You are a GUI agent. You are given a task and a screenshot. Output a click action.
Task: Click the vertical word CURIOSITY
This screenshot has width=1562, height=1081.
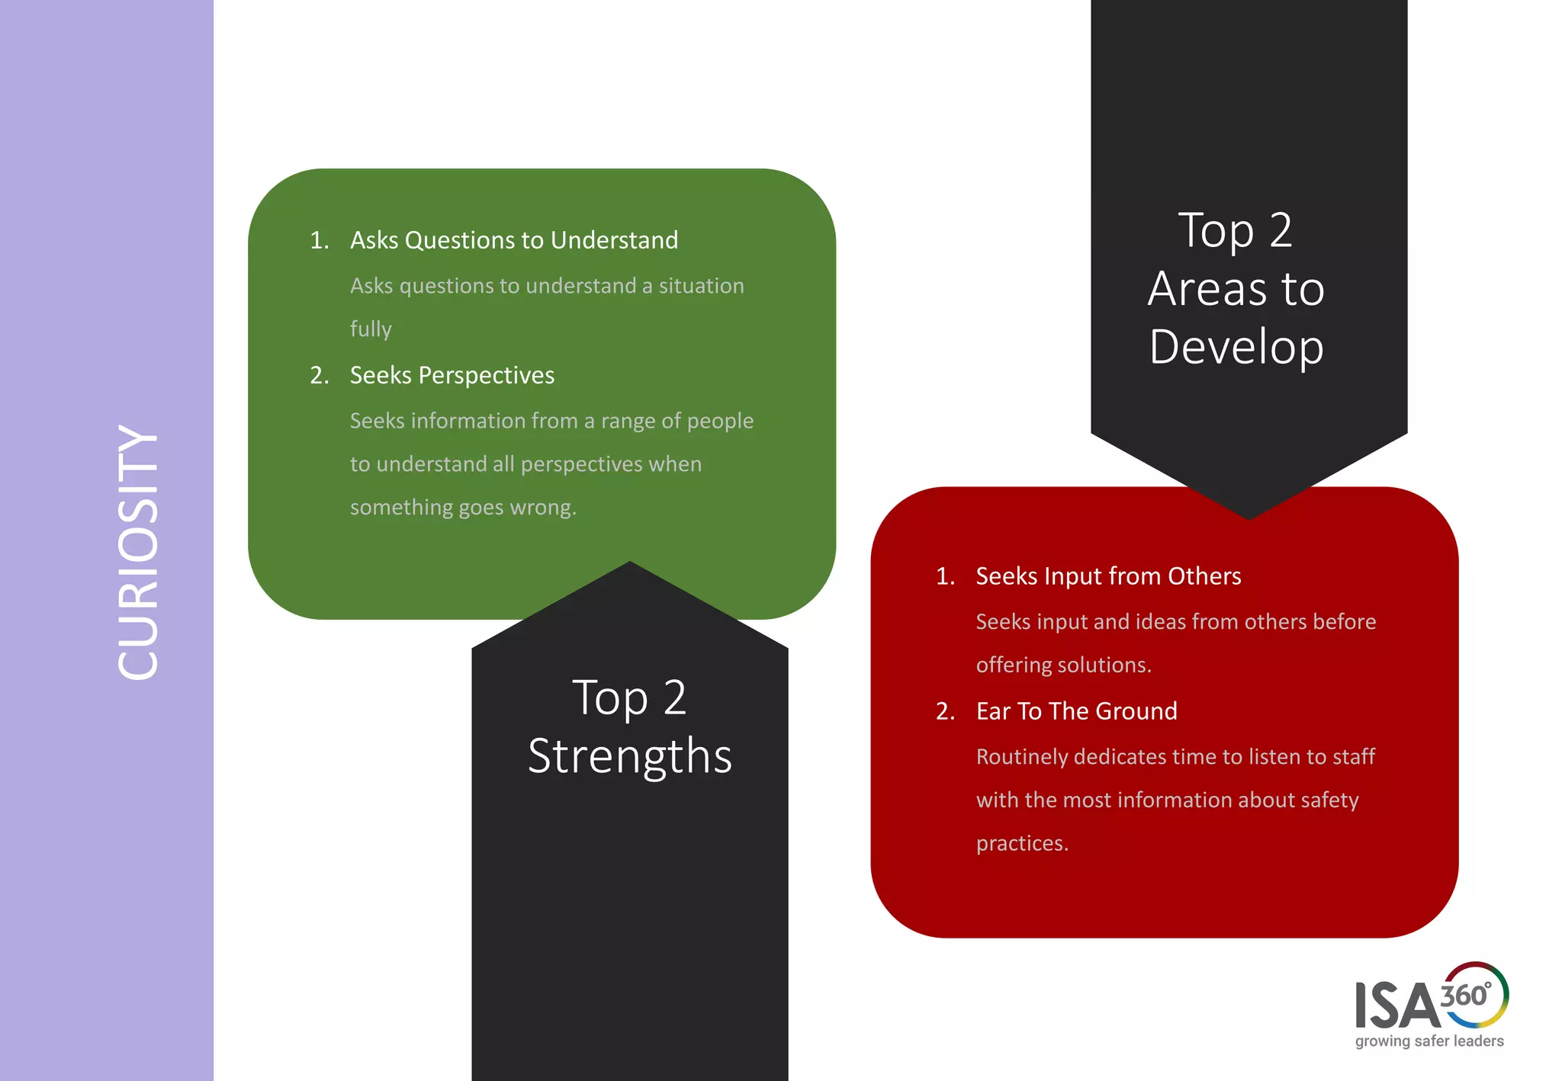click(138, 552)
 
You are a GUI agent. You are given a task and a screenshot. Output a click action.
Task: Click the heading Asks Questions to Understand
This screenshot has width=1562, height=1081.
click(513, 240)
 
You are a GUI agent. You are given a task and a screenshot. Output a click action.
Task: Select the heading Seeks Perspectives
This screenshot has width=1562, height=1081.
click(452, 375)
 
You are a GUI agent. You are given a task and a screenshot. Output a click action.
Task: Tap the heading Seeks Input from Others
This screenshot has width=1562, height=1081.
click(1107, 576)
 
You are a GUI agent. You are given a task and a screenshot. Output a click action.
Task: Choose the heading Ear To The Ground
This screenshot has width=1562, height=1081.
click(1076, 711)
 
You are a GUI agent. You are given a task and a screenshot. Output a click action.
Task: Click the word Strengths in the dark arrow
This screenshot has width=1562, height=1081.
click(629, 756)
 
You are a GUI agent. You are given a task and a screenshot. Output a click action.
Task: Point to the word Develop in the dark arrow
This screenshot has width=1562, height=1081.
click(1236, 348)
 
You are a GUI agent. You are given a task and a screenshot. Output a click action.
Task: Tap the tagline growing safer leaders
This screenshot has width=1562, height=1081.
click(1429, 1041)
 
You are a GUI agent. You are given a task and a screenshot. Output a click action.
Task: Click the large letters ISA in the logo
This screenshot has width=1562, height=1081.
click(1396, 1006)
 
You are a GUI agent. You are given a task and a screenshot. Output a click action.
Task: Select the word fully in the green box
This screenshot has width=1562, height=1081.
click(371, 329)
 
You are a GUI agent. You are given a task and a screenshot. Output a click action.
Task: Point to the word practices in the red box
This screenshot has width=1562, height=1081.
click(1020, 843)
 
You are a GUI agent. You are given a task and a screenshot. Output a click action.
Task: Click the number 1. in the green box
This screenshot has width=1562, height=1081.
click(319, 241)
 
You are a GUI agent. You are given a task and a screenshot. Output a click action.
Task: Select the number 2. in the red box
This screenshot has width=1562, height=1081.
click(945, 711)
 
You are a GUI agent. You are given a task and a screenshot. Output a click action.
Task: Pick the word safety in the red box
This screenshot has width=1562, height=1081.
click(1329, 800)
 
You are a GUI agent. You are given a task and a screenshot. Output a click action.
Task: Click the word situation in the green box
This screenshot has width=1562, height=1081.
click(701, 286)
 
